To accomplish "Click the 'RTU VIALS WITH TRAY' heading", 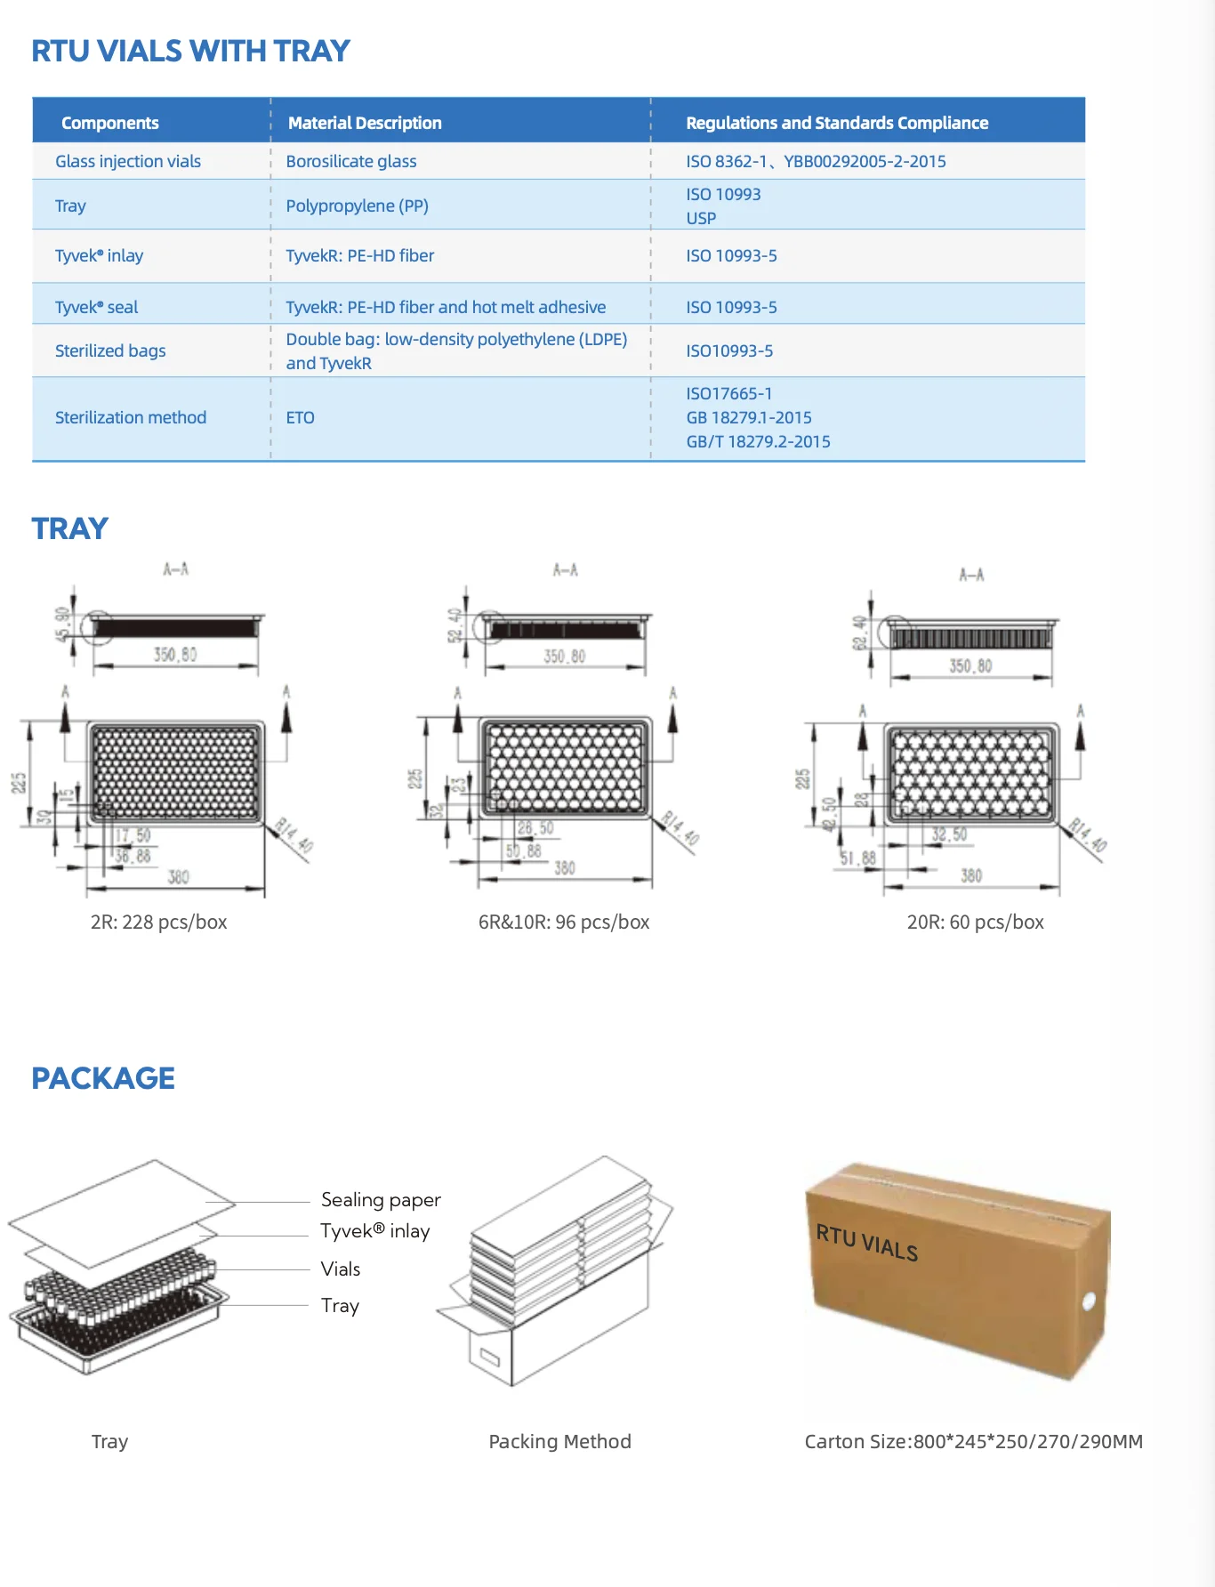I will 190,52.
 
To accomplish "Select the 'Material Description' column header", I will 365,123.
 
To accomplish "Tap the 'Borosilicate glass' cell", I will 351,161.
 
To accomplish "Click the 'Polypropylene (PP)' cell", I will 357,205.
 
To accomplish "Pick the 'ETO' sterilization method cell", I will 301,417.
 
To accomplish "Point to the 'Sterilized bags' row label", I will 110,350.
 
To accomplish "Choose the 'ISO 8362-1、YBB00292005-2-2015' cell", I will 816,161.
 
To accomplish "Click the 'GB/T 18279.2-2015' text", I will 758,441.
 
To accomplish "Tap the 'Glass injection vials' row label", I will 128,161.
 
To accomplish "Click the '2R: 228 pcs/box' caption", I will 158,922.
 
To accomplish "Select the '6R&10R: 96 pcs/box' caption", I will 564,922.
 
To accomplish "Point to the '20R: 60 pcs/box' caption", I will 975,922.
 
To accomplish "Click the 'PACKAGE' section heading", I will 103,1078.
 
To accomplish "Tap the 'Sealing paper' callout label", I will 381,1199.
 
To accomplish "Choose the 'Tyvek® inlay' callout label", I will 374,1230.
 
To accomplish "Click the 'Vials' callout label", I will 341,1269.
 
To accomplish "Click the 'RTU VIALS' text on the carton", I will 867,1242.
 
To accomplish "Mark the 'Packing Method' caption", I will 559,1441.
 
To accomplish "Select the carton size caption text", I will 973,1441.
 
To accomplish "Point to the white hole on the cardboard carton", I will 1088,1302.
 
